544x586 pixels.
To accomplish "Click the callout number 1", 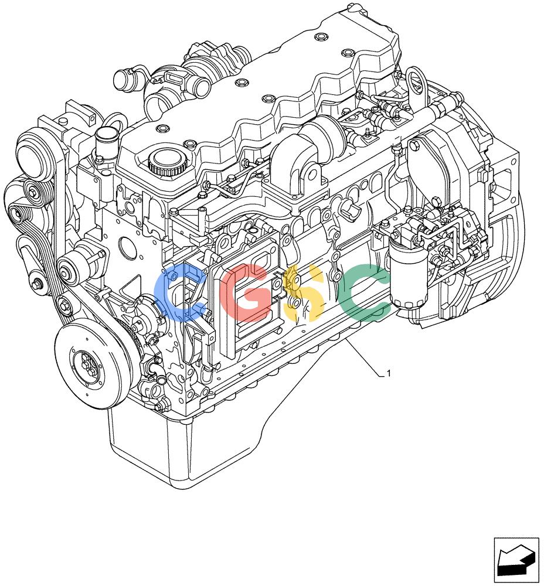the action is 389,373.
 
